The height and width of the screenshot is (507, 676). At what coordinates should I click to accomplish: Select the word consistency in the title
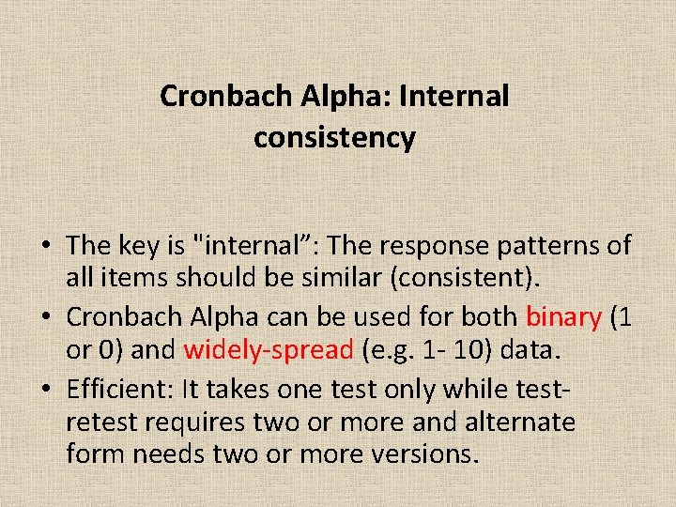click(333, 138)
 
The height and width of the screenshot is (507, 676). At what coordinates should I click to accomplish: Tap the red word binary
click(563, 316)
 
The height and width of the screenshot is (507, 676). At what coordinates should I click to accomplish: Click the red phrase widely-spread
click(268, 350)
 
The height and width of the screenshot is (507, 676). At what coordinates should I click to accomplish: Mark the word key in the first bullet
click(136, 246)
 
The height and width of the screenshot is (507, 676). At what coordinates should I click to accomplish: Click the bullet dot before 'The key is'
click(46, 247)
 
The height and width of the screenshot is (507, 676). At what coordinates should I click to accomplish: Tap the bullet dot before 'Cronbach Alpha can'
click(46, 317)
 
